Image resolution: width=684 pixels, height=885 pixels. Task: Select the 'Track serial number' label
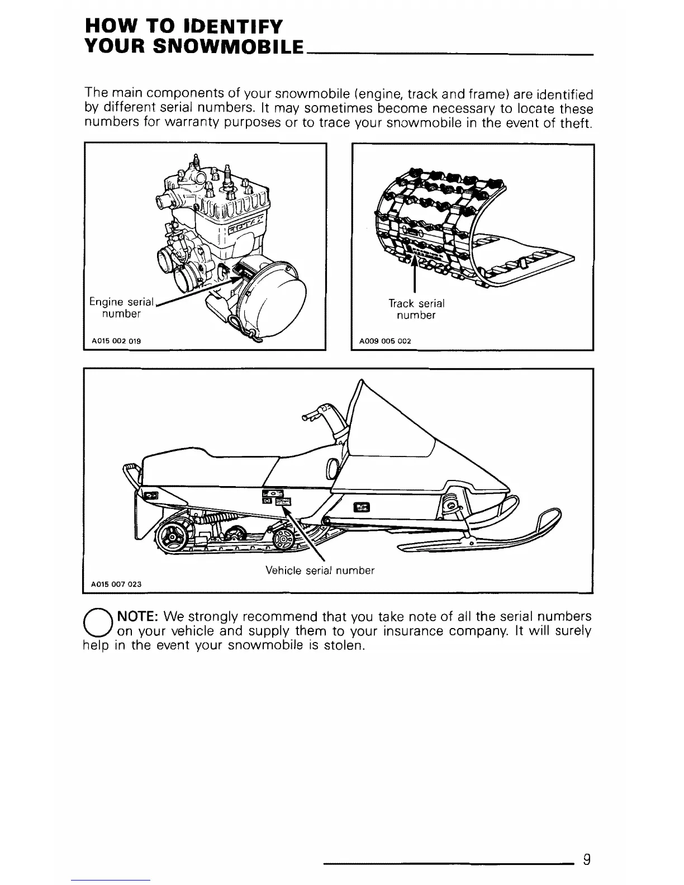416,309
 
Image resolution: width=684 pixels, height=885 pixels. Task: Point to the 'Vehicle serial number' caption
320,570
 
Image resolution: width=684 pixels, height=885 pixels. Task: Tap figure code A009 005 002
385,340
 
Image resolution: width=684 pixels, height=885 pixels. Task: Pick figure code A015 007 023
116,584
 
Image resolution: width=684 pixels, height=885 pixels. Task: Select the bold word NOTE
137,617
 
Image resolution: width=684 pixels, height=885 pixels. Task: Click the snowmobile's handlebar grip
308,416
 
